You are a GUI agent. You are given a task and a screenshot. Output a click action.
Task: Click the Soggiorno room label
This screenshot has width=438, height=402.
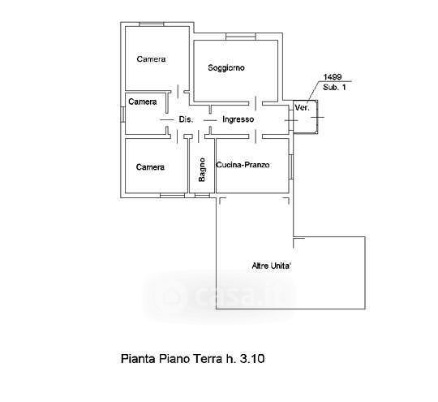coord(226,68)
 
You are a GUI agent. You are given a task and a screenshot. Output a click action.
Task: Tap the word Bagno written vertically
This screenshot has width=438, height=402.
coord(202,170)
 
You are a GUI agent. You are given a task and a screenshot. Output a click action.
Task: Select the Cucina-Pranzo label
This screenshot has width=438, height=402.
coord(243,165)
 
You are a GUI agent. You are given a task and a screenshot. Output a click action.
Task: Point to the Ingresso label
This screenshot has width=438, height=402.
coord(238,119)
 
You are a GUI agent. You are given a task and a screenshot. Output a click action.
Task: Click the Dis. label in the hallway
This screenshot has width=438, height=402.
coord(186,119)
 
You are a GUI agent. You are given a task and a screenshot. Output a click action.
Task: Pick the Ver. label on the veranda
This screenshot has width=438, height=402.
coord(303,108)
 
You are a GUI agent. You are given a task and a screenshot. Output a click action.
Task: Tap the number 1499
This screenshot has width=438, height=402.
coord(333,76)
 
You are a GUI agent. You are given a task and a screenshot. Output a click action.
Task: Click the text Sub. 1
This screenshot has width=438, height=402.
coord(334,87)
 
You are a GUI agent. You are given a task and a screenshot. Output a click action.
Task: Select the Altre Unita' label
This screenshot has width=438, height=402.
coord(272,266)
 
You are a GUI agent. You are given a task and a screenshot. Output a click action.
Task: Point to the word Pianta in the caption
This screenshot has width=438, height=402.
coord(138,359)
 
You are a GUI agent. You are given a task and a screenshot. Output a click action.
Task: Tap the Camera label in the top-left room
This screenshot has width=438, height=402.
coord(151,59)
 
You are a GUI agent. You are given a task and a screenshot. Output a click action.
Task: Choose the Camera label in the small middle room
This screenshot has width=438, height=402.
coord(143,102)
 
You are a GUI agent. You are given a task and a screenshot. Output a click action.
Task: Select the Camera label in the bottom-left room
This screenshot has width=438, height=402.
coord(150,167)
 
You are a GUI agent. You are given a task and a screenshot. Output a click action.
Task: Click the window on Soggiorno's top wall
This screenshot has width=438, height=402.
coord(241,37)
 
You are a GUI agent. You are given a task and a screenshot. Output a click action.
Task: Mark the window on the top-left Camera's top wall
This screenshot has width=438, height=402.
coord(151,24)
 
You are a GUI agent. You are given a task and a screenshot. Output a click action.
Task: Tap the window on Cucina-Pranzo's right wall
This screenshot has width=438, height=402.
coord(291,167)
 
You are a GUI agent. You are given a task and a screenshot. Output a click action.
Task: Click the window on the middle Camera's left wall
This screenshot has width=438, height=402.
coord(122,115)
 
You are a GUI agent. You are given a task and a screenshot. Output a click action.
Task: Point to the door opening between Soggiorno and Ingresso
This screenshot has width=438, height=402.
coord(255,103)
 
